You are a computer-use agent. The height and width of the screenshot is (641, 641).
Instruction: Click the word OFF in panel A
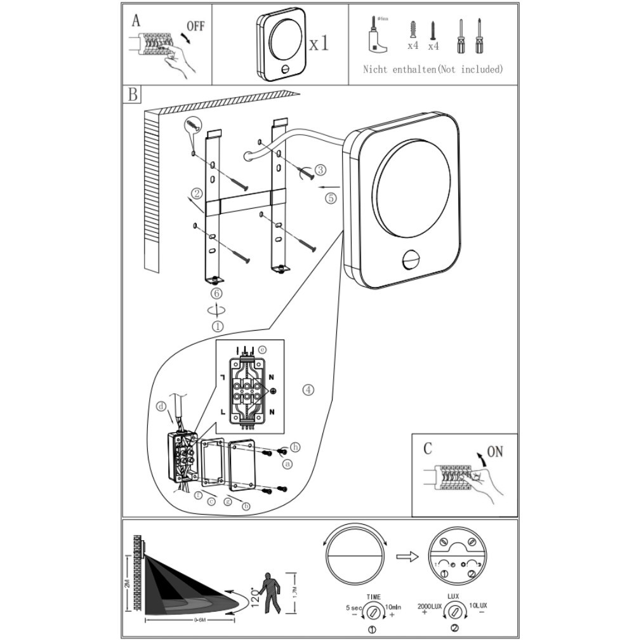click(x=195, y=27)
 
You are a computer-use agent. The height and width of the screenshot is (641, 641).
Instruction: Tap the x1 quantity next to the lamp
click(x=319, y=44)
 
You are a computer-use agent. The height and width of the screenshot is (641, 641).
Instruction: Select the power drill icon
click(x=376, y=39)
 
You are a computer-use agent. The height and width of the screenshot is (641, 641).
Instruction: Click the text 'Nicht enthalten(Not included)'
click(x=432, y=69)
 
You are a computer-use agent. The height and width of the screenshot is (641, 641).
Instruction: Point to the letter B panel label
click(x=133, y=95)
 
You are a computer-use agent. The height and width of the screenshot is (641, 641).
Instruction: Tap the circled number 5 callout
click(x=331, y=197)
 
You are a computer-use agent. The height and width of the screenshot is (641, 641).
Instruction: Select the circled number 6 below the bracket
click(x=216, y=293)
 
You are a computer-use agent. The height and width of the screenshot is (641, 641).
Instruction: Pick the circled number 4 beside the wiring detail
click(x=308, y=390)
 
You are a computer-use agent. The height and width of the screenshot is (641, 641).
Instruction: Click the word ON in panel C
click(x=494, y=452)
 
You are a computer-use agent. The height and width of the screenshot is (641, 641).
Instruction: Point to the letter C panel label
click(x=428, y=448)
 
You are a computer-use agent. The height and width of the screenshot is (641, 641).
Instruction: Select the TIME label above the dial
click(x=373, y=597)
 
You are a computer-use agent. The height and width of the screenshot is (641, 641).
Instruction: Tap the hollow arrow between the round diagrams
click(x=406, y=556)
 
